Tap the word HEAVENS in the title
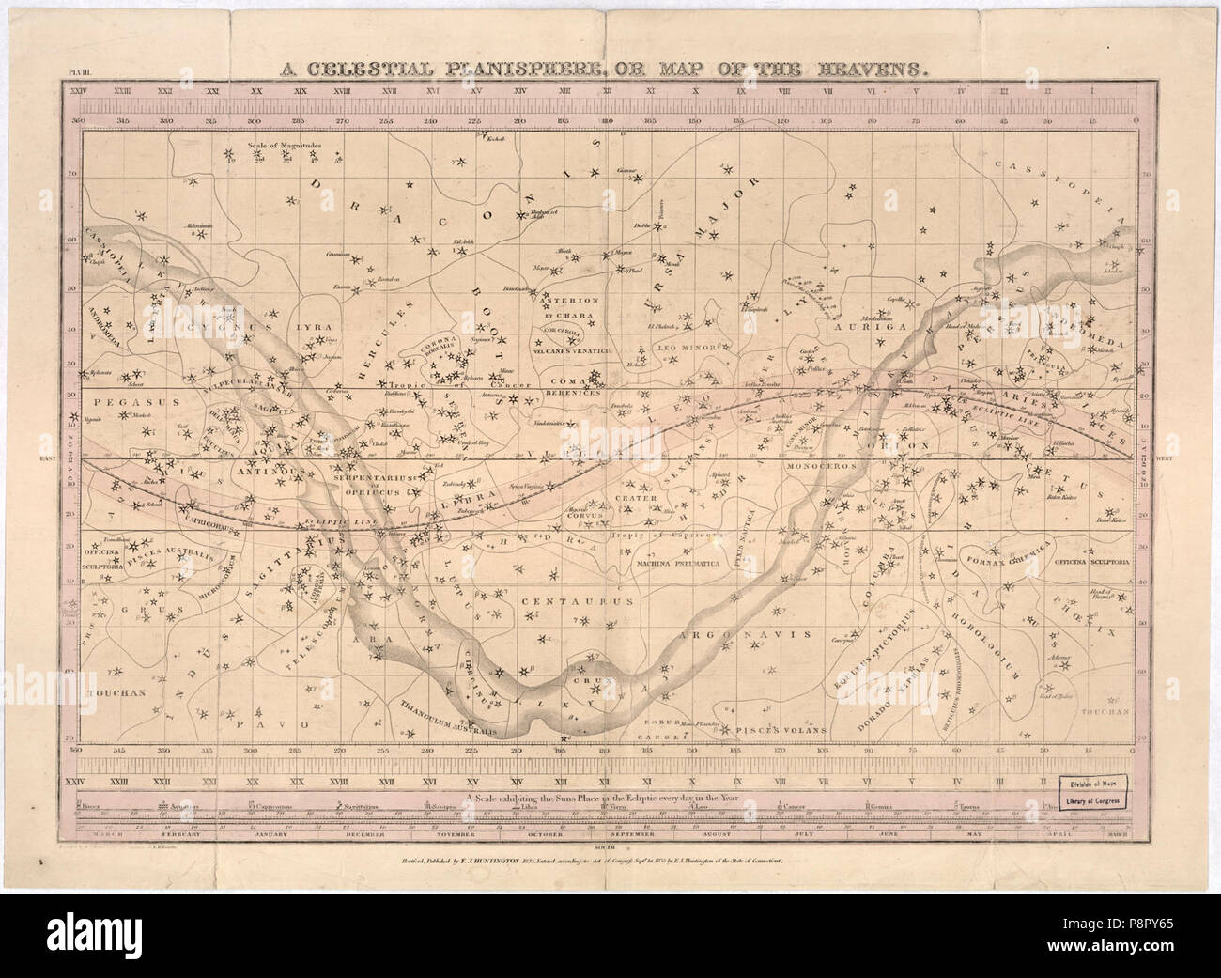point(870,69)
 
